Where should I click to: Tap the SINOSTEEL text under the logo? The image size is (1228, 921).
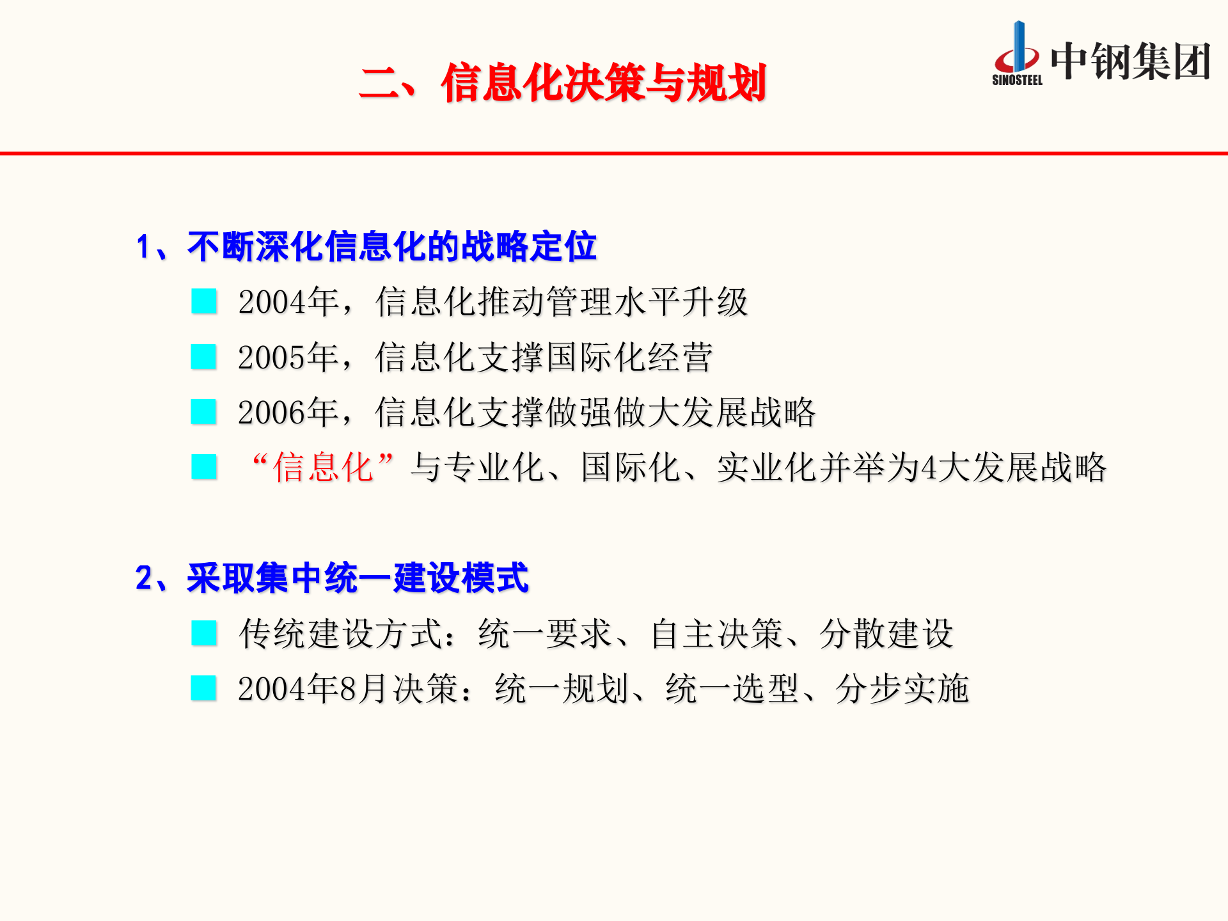pos(1017,80)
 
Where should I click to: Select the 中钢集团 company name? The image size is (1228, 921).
pos(1131,62)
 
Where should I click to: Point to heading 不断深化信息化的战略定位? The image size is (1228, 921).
pos(391,247)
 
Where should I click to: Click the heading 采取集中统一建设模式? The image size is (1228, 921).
pos(358,578)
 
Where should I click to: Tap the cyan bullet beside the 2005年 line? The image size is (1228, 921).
pos(204,357)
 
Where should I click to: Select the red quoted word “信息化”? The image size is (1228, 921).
pos(323,468)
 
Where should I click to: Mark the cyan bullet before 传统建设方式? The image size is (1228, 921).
pos(204,633)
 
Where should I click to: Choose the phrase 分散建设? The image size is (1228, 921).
pos(886,634)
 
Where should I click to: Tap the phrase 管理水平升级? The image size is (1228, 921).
pos(646,302)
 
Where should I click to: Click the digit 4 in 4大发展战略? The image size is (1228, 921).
pos(929,468)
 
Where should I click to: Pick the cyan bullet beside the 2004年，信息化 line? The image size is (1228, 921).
pos(204,301)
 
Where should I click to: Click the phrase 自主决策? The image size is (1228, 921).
pos(717,634)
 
